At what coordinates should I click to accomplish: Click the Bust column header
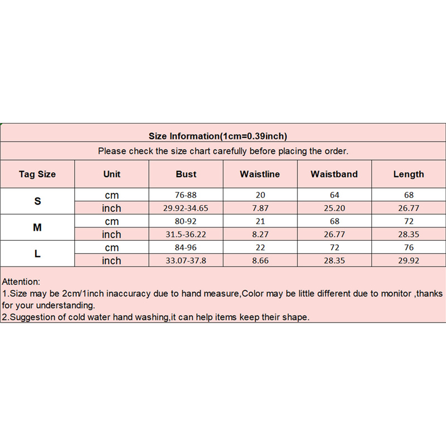tap(186, 174)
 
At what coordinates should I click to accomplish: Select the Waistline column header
tap(260, 174)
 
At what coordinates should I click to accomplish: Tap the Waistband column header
tap(334, 174)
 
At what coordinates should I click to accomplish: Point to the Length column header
tap(408, 174)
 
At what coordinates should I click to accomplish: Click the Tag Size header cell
tap(37, 174)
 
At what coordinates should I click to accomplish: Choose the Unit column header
tap(111, 174)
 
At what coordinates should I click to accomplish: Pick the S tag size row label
tap(37, 201)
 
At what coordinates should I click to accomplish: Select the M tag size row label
tap(37, 227)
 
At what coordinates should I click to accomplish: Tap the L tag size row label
tap(37, 254)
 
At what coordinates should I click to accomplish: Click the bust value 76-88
tap(186, 195)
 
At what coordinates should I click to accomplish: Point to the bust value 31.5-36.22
tap(186, 234)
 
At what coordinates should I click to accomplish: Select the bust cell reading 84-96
tap(186, 248)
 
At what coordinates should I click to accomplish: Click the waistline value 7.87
tap(260, 208)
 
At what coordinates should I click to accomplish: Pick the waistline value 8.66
tap(260, 260)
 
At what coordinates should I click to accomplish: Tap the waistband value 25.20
tap(334, 208)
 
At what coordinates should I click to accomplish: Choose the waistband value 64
tap(334, 195)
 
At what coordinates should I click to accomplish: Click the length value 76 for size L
tap(408, 248)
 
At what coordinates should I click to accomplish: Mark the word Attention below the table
tap(21, 283)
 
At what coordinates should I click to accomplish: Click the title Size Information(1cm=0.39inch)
tap(218, 136)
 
